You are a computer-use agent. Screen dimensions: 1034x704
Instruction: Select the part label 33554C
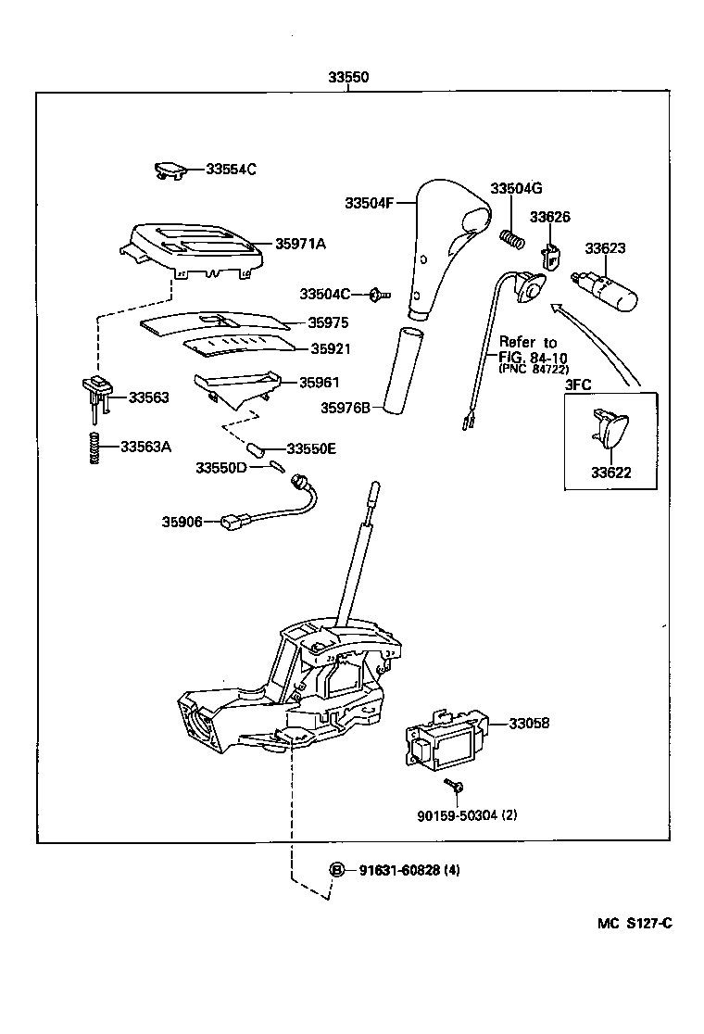click(x=231, y=170)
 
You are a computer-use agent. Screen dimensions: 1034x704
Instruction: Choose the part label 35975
click(x=329, y=324)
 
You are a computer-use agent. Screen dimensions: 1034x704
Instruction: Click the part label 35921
click(x=329, y=349)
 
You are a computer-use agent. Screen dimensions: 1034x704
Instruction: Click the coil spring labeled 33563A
click(x=94, y=448)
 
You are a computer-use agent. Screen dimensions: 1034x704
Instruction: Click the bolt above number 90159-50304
click(x=454, y=787)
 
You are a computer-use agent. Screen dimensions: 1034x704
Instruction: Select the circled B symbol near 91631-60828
click(x=338, y=870)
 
